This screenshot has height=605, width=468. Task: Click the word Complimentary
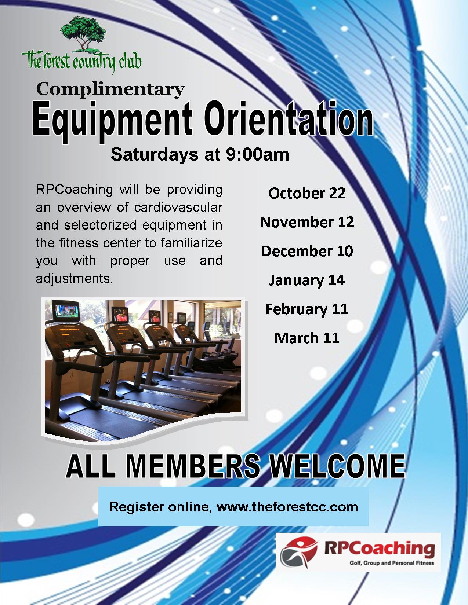[x=110, y=90]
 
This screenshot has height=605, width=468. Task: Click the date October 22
[x=307, y=193]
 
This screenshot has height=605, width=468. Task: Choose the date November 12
[x=307, y=222]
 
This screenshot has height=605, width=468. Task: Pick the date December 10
[x=307, y=251]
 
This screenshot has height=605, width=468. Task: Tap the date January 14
[x=307, y=280]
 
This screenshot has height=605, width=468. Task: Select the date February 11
[x=307, y=309]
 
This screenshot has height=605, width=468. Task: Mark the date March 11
[x=307, y=338]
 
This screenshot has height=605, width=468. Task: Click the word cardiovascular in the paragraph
[x=178, y=207]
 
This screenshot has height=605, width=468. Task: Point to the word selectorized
[x=100, y=225]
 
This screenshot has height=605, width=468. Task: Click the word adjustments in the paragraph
[x=75, y=279]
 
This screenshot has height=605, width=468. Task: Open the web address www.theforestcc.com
[x=287, y=507]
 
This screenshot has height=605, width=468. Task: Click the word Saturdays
[x=155, y=154]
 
